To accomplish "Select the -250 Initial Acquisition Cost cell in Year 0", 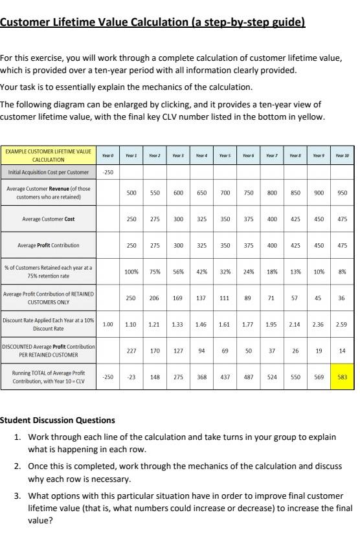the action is click(107, 173).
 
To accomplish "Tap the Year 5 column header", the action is click(225, 156).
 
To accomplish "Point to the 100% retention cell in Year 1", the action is click(131, 272).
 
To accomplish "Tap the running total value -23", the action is click(131, 378).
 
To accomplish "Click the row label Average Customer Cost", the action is click(49, 219).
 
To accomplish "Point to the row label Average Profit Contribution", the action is click(49, 245).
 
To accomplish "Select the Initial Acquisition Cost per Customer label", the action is click(49, 173).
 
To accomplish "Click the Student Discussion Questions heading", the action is click(58, 420).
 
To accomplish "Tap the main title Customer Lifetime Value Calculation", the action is click(152, 23).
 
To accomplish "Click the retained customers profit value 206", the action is click(154, 298).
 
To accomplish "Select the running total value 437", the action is click(225, 378).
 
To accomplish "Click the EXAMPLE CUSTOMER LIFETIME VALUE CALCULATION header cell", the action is click(49, 155).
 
